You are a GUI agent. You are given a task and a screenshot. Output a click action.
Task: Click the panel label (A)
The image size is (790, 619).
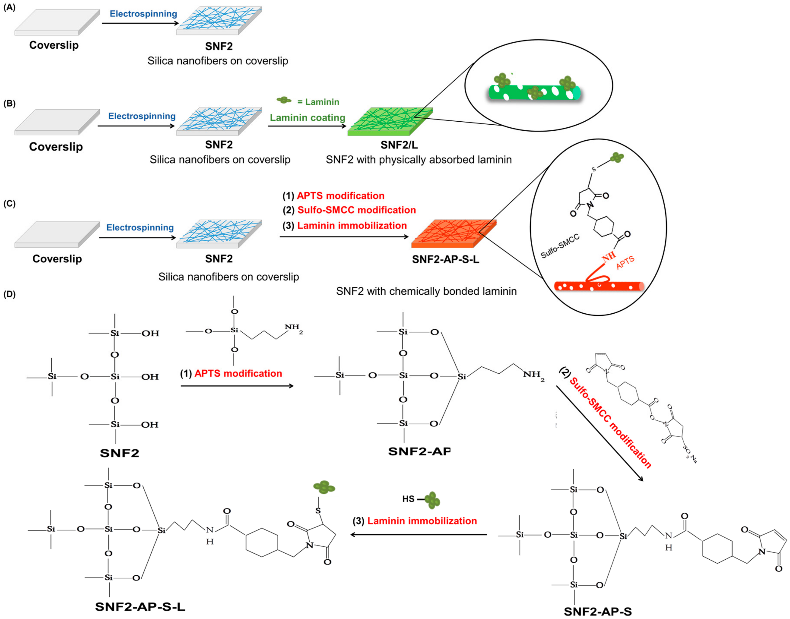10,8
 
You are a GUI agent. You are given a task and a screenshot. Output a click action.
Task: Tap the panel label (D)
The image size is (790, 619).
10,294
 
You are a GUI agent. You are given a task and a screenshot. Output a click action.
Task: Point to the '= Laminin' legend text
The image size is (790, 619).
318,102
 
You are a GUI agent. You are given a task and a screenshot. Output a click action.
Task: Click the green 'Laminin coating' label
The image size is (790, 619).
307,118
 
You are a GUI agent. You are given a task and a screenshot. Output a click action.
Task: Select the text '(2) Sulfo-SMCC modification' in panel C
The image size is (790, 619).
349,210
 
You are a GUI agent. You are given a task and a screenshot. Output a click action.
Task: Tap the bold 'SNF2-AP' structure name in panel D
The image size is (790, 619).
419,451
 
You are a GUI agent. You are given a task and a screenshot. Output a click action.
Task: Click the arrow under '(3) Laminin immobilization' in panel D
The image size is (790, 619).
419,535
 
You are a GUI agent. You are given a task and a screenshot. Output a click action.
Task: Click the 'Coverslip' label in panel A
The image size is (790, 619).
54,45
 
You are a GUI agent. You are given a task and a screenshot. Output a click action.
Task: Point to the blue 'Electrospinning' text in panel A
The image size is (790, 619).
143,14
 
